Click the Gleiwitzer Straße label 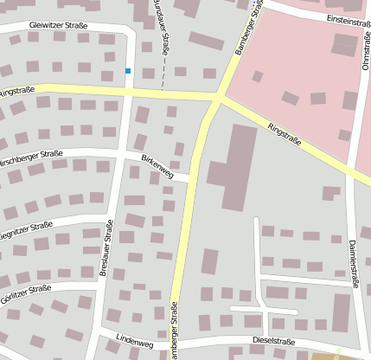[58, 26]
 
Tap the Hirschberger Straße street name [30, 158]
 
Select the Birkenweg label [157, 166]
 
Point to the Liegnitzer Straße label [25, 230]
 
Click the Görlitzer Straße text [26, 291]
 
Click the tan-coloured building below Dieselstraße [323, 356]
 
